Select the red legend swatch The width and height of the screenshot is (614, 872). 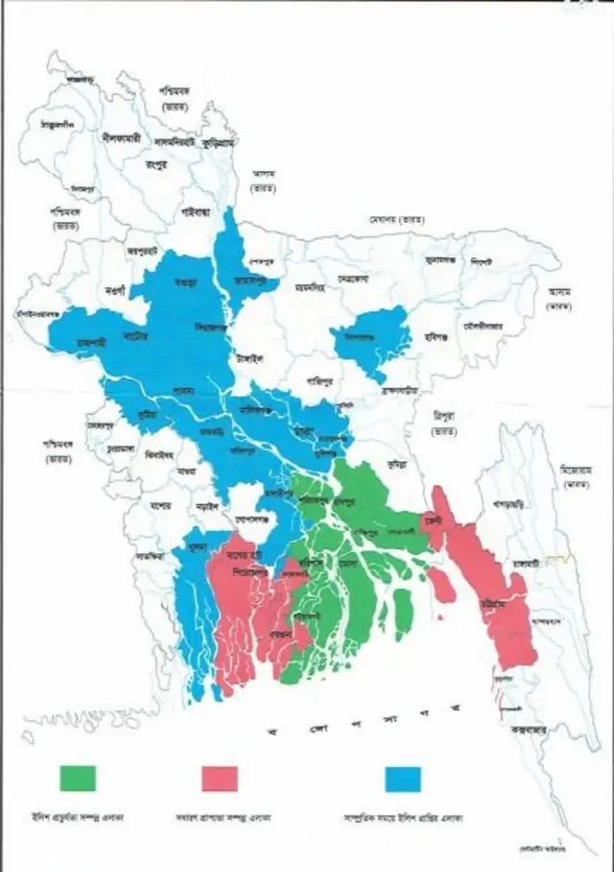click(219, 778)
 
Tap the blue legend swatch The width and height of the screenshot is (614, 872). click(402, 778)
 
